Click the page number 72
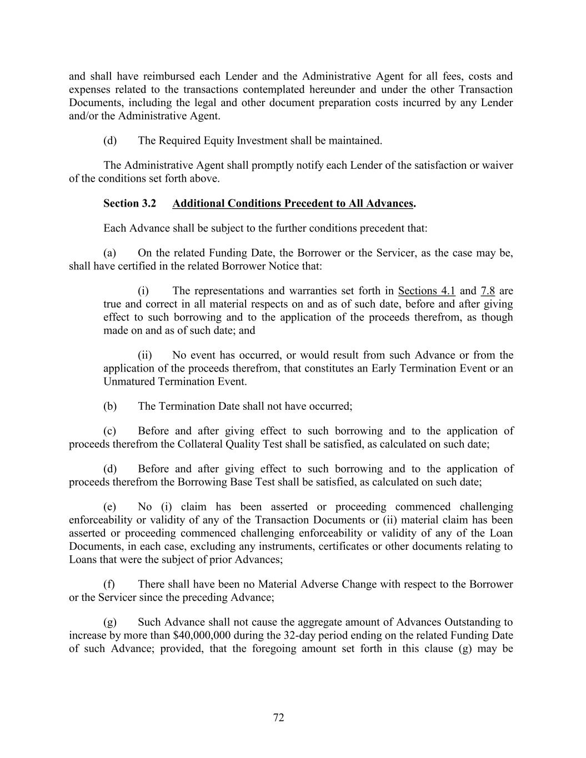coord(279,717)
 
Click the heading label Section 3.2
coord(129,203)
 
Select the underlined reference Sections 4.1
coord(427,290)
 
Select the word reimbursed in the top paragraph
coord(168,76)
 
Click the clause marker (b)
coord(110,406)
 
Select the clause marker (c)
coord(110,431)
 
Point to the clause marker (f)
coord(109,584)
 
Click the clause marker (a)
coord(110,253)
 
